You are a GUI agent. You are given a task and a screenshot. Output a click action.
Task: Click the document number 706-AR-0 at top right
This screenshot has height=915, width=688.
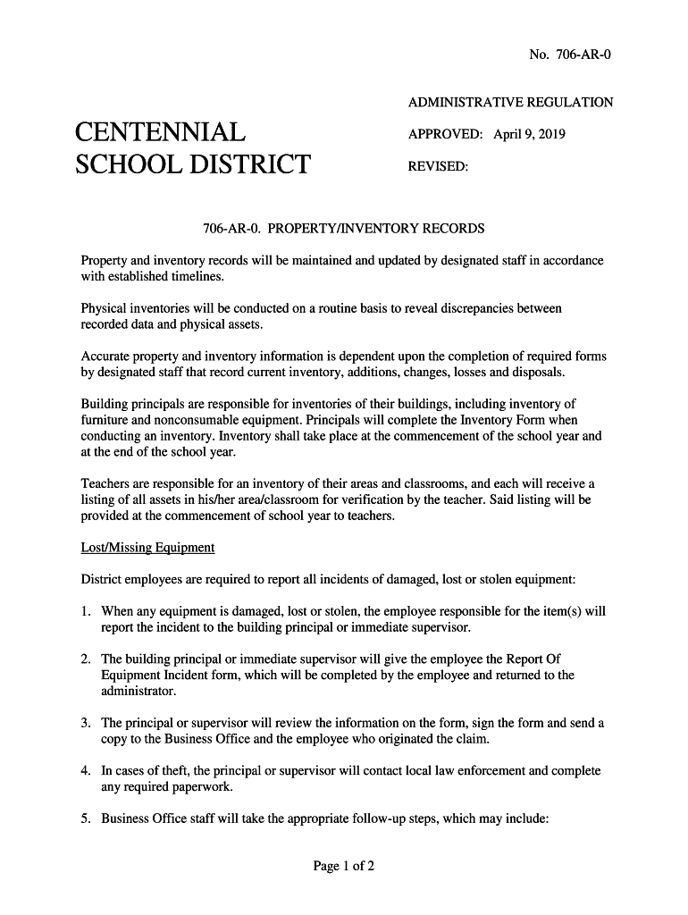click(583, 55)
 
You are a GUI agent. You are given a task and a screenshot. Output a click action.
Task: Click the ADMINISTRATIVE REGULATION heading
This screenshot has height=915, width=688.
click(510, 103)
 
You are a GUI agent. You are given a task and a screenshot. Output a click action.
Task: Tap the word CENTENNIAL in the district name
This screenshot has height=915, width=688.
click(161, 134)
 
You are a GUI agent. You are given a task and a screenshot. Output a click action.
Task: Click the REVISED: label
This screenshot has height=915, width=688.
click(438, 166)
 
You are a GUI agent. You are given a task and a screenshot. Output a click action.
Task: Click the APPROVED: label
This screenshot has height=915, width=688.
click(445, 135)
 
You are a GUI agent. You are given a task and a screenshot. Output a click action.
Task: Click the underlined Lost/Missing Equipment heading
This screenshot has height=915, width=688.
click(147, 547)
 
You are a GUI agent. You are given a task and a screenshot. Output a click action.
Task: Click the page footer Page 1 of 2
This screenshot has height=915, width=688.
click(344, 866)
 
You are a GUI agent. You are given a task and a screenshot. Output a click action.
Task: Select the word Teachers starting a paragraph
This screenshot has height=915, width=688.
click(106, 485)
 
